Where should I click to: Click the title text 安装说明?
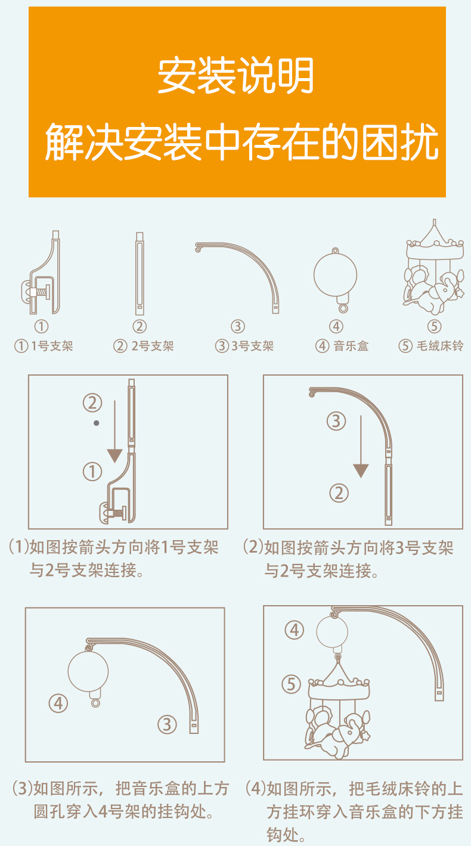(235, 76)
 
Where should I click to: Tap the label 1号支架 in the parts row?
(51, 346)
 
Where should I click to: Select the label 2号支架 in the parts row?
(151, 346)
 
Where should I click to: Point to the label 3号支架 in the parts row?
(252, 346)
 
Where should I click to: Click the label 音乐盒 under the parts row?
(351, 346)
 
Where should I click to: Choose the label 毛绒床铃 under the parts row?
(439, 346)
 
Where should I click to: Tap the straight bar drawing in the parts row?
(140, 274)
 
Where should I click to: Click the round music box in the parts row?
(336, 275)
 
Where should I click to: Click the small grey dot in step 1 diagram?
(96, 423)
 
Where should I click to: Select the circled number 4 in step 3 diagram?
(58, 703)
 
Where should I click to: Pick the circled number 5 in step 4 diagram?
(292, 684)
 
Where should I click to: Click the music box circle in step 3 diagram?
(89, 670)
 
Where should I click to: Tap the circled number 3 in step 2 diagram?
(336, 422)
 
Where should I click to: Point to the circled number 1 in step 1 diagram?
(92, 472)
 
